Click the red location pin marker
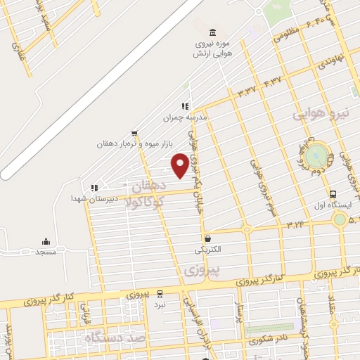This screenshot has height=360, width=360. tap(180, 165)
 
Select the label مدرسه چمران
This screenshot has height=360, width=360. tap(186, 117)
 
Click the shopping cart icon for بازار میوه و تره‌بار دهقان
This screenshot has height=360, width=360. tap(134, 133)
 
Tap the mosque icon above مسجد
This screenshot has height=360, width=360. tap(46, 241)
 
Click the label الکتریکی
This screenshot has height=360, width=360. tap(207, 250)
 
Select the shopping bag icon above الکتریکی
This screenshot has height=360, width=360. tap(207, 239)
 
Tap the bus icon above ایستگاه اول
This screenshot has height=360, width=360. tap(333, 195)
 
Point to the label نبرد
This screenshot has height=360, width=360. tap(160, 304)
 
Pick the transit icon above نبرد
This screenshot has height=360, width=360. tap(160, 294)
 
